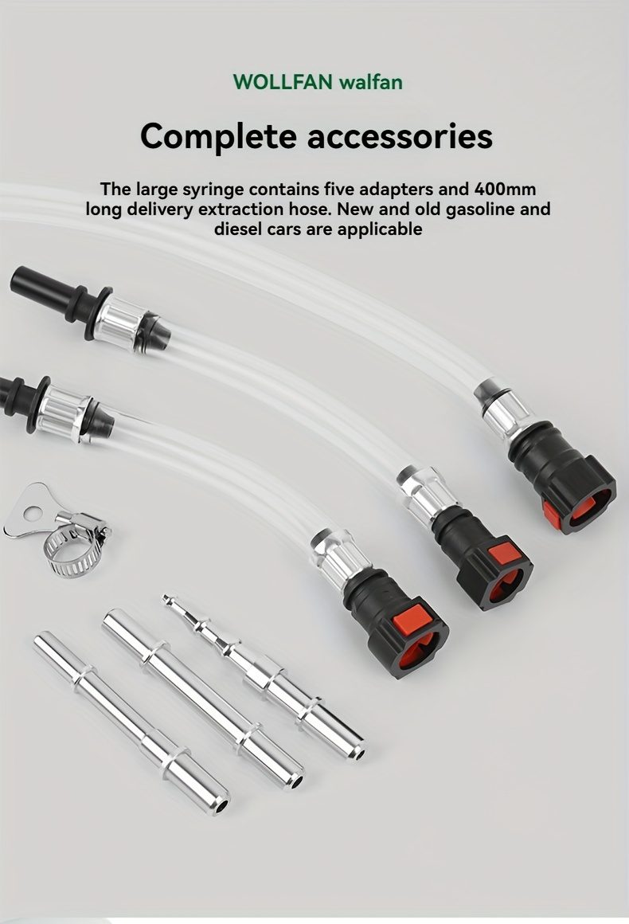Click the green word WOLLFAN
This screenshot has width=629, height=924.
coord(283,81)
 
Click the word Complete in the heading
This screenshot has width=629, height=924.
coord(218,137)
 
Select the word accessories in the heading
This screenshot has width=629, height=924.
coord(400,136)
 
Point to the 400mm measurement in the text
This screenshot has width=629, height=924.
coord(505,189)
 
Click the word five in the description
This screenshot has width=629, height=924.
coord(338,189)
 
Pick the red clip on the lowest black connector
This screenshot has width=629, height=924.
coord(413,617)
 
